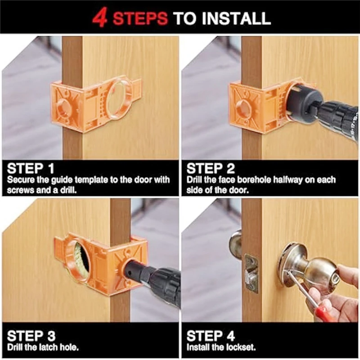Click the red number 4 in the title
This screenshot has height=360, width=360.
coord(100,18)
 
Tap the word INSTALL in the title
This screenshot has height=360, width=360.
coord(236,18)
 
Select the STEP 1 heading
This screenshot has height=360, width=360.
coord(31,168)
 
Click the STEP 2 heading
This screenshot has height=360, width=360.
coord(211,168)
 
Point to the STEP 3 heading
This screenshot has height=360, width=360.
coord(31,336)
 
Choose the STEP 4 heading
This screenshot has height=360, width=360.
coord(211,336)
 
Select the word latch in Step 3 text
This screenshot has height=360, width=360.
coord(48,347)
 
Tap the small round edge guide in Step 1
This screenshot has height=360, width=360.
coord(65,107)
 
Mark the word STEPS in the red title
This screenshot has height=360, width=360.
coord(140,18)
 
